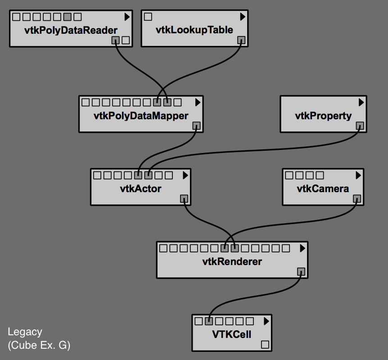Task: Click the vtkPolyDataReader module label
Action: click(71, 31)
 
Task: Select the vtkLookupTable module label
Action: click(194, 30)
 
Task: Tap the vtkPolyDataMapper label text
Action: click(141, 116)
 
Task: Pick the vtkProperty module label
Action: click(323, 116)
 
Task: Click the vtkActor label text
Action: click(140, 189)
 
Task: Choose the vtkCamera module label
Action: click(323, 189)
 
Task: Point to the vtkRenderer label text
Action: click(232, 261)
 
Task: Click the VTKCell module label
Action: click(231, 334)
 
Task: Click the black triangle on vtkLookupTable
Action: click(243, 17)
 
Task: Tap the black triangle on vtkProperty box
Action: click(361, 102)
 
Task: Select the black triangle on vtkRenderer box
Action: click(302, 248)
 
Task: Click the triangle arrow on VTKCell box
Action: click(266, 321)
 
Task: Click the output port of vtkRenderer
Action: click(301, 271)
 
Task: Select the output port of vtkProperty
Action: click(360, 126)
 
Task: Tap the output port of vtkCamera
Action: click(356, 198)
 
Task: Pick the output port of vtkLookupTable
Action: click(241, 40)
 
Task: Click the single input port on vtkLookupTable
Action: click(148, 17)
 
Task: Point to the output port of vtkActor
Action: click(184, 198)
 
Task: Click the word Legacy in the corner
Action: click(25, 332)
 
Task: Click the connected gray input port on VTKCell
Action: click(209, 321)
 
